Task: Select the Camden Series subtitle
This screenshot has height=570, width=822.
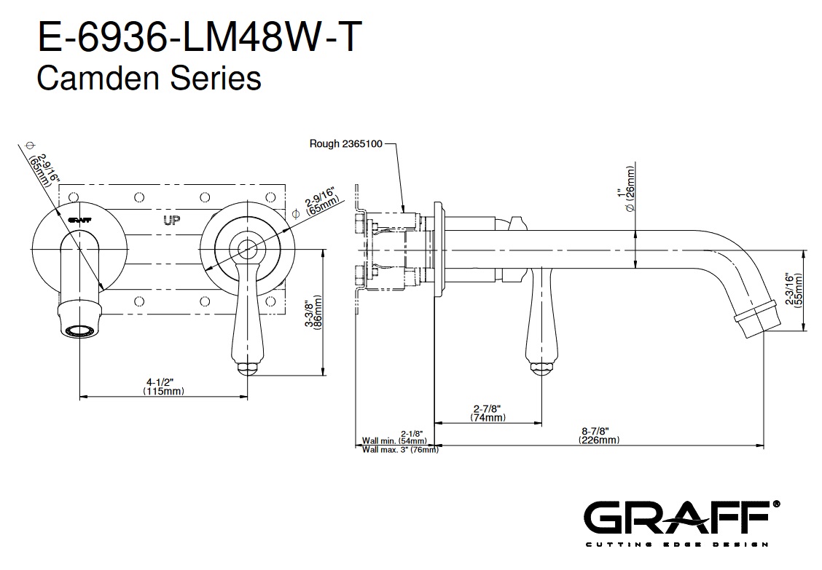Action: click(149, 78)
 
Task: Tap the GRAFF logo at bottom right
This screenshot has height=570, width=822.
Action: click(681, 520)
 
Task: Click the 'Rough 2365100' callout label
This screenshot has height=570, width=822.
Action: click(345, 144)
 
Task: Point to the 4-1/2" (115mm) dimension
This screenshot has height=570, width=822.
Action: click(163, 386)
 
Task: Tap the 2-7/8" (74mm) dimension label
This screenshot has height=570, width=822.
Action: click(488, 413)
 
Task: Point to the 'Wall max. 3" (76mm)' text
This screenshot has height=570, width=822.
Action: click(400, 450)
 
